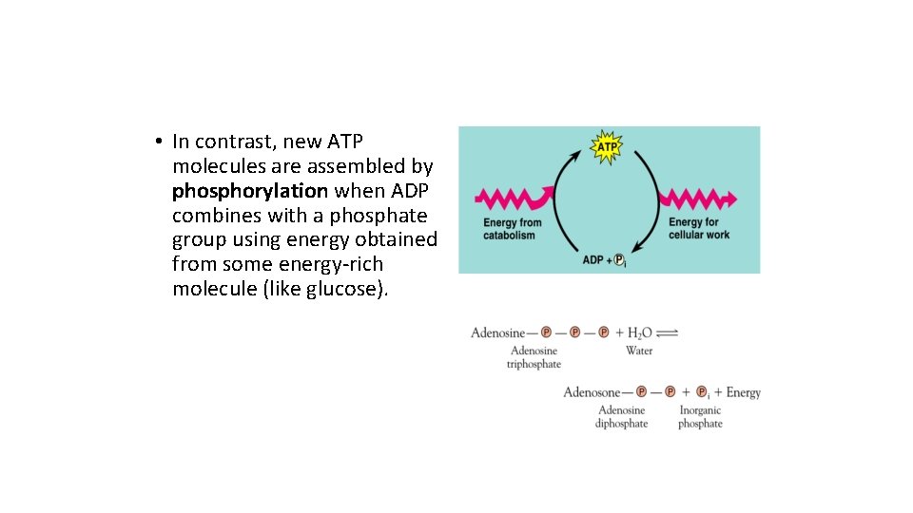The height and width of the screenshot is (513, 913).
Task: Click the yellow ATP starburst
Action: [x=606, y=147]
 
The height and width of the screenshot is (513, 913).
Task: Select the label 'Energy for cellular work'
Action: [x=699, y=229]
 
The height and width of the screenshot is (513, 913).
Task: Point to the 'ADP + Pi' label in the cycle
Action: [x=603, y=259]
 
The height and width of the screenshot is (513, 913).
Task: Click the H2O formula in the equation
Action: [x=633, y=333]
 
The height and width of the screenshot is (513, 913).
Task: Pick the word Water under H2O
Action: [x=639, y=351]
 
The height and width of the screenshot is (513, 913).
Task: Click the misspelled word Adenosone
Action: [x=592, y=392]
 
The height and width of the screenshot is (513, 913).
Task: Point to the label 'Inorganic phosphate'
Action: [x=700, y=417]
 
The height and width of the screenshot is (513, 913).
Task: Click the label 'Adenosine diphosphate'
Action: [x=621, y=417]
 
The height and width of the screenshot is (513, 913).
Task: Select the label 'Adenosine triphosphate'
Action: [x=534, y=357]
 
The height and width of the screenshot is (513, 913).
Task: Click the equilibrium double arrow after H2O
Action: [x=667, y=332]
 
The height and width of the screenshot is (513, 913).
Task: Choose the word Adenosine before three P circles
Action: [x=497, y=333]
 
